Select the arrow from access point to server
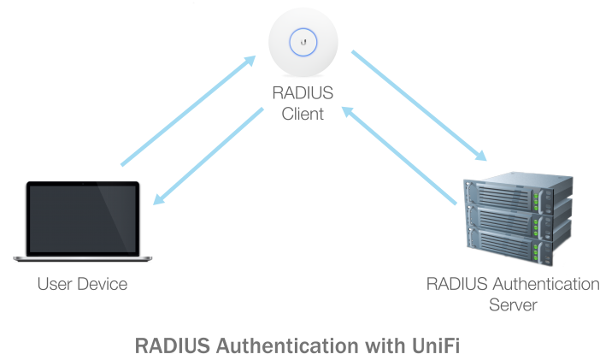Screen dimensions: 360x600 419,105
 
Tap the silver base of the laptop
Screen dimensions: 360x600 82,258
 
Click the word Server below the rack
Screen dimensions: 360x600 513,304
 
